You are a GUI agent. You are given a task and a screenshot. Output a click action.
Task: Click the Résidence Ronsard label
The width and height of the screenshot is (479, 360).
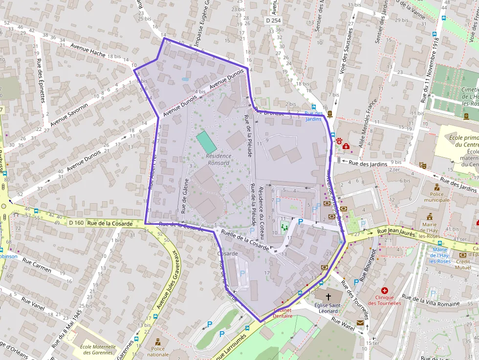[218, 159]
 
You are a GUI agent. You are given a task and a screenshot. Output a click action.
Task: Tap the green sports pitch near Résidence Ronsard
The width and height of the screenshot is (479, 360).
[206, 142]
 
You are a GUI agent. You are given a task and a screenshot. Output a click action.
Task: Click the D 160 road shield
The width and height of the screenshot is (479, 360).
[76, 223]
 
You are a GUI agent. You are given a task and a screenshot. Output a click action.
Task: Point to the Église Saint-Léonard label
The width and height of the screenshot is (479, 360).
[327, 308]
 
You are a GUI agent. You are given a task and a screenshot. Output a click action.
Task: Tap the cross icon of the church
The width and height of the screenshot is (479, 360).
[328, 296]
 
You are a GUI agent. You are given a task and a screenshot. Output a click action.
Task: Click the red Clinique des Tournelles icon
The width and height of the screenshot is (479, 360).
[385, 291]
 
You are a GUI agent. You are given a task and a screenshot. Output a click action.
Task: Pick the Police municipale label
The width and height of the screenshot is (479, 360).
[436, 196]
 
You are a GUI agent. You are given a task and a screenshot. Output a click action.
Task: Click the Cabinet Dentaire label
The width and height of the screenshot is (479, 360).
[282, 313]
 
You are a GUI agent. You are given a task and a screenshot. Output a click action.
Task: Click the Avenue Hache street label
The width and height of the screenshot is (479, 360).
[88, 50]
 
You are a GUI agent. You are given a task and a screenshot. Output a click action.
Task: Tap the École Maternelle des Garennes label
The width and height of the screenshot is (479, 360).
[98, 350]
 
